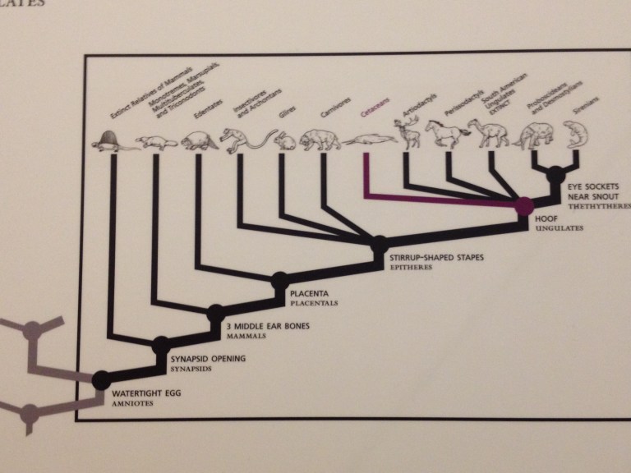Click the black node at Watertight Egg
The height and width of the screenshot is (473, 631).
100,379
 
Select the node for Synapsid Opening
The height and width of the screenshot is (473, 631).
161,344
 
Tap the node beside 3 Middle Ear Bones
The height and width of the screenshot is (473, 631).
215,312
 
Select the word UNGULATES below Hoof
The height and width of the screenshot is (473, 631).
557,229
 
